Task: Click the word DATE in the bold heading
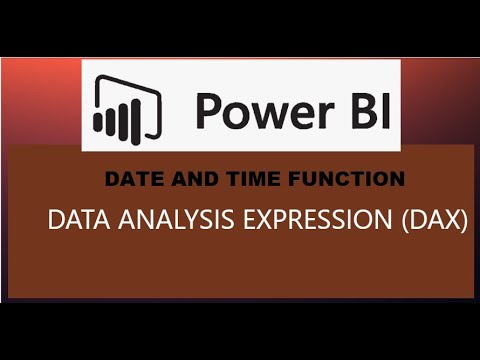(x=127, y=179)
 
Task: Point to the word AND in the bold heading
(x=175, y=179)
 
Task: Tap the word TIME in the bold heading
(x=220, y=179)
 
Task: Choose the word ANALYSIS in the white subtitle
(x=159, y=220)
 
